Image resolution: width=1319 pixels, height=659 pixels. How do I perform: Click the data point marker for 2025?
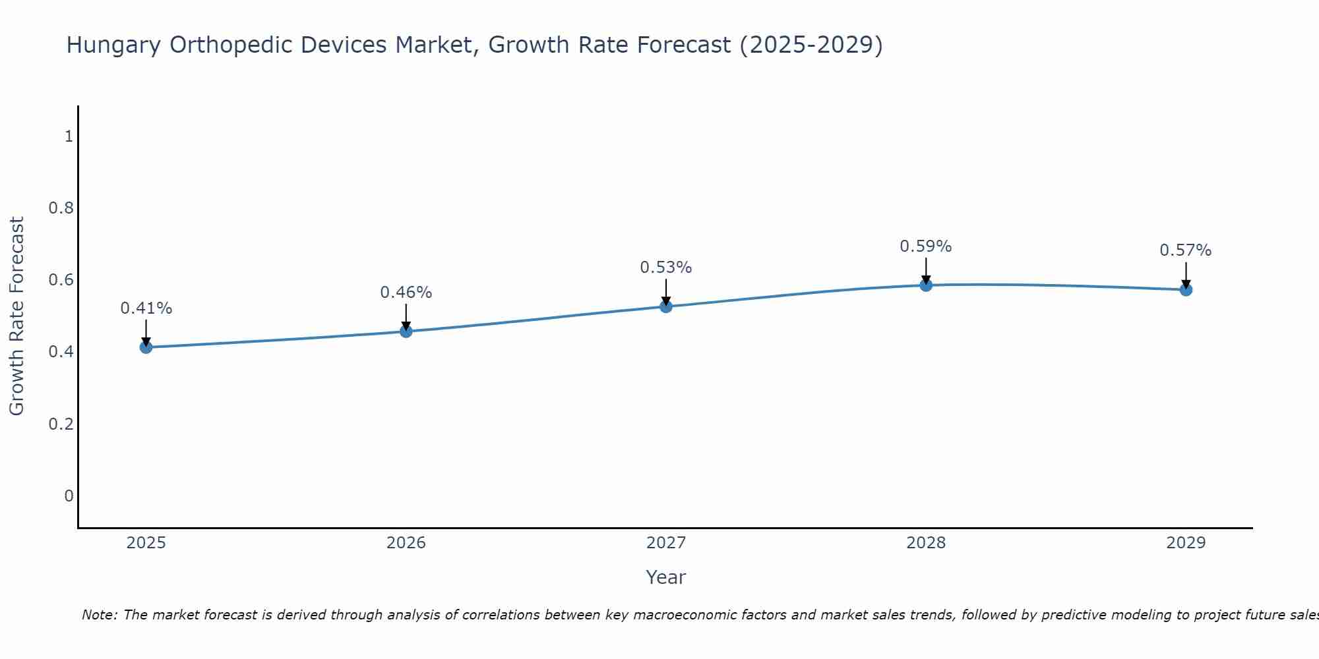[x=146, y=347]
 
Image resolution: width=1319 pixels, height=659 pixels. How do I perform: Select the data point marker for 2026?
[x=406, y=331]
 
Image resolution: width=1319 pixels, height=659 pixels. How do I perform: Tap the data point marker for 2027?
[x=666, y=306]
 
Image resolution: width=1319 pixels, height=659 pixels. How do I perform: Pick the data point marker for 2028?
[x=926, y=285]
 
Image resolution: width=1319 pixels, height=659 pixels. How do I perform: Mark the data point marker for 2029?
[x=1186, y=289]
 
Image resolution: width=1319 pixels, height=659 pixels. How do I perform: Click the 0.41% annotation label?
[x=146, y=308]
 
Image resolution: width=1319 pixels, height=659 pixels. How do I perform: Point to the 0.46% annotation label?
[x=406, y=293]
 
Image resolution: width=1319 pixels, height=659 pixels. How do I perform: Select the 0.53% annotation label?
[x=666, y=268]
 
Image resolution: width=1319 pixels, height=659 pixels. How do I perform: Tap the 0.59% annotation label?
[x=926, y=246]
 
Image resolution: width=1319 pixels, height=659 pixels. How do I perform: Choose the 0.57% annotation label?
[x=1186, y=250]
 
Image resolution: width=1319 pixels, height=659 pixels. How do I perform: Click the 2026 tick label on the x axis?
[x=406, y=543]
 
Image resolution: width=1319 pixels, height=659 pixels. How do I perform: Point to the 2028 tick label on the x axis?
[x=926, y=543]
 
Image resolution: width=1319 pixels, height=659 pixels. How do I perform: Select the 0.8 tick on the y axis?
[x=61, y=208]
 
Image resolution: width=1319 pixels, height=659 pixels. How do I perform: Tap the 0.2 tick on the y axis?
[x=61, y=424]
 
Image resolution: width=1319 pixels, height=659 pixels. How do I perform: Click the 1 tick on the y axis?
[x=69, y=136]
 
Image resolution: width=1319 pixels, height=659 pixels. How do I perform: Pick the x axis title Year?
[x=666, y=577]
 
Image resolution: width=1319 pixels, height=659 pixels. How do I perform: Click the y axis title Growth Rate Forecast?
[x=17, y=316]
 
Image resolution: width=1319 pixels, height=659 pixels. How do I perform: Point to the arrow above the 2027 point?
[x=666, y=291]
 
